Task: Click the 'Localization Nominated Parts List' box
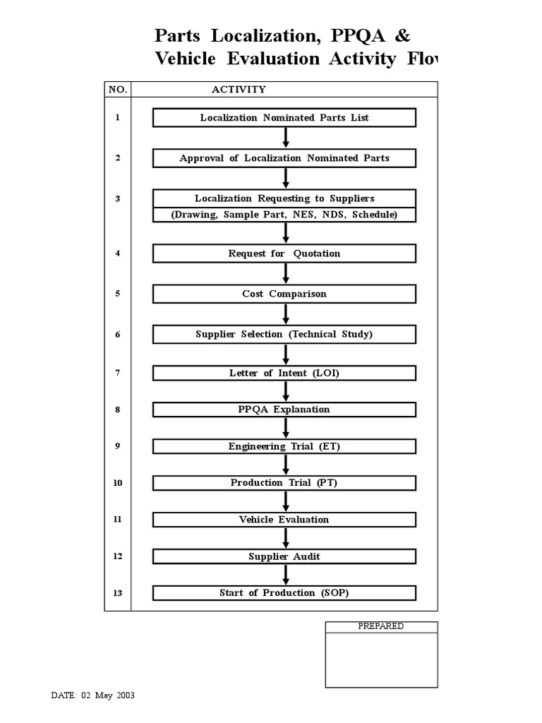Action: (284, 118)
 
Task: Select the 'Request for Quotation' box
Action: (284, 253)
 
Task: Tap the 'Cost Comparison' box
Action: (284, 294)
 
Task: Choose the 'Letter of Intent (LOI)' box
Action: (284, 373)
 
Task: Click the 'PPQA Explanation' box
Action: (284, 410)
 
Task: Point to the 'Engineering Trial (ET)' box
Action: (284, 446)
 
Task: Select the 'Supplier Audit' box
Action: (284, 556)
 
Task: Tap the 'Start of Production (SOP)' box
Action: (284, 593)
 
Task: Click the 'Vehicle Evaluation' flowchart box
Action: (284, 520)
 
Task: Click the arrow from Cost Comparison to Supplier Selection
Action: (286, 314)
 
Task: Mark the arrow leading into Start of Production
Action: (286, 575)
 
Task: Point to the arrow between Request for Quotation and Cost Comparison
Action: (286, 274)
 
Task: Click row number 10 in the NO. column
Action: (118, 483)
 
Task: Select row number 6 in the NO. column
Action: (118, 335)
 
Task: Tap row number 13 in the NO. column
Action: (118, 593)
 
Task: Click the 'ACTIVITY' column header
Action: (239, 90)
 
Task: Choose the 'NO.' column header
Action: (117, 90)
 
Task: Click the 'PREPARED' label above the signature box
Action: (381, 626)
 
